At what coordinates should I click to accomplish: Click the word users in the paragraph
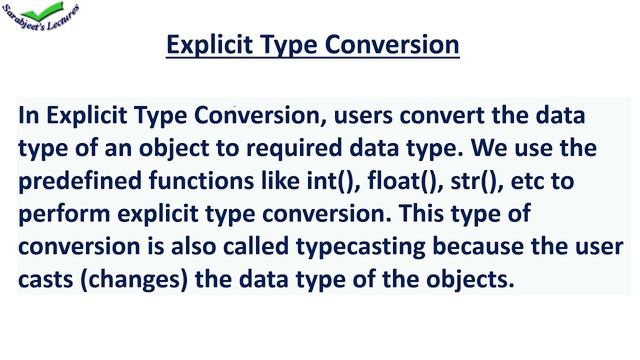coord(364,116)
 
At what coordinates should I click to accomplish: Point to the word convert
coord(442,116)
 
